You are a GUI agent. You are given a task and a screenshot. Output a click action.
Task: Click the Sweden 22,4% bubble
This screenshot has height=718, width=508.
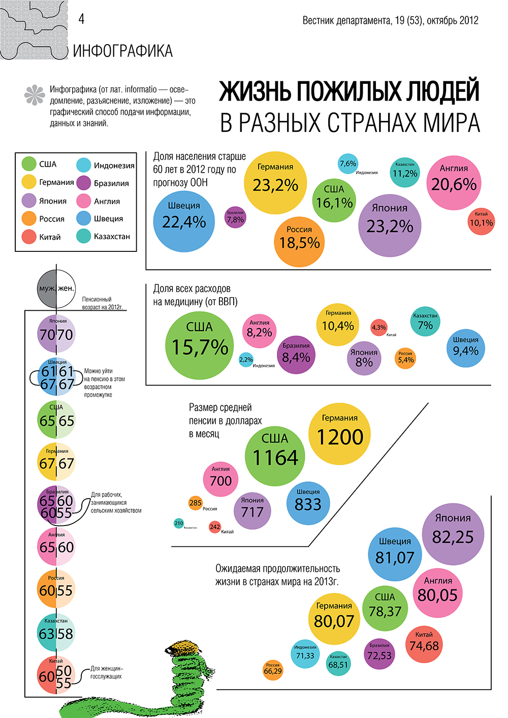point(184,222)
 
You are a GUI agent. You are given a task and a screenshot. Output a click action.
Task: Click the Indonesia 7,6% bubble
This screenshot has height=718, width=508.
point(348,164)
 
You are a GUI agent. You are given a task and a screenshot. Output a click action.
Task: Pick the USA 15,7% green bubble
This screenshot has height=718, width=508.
point(199,346)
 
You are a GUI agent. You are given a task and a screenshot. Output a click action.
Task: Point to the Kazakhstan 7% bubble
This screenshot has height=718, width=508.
point(425,321)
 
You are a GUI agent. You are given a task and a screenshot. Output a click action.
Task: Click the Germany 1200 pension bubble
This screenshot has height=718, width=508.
point(339,434)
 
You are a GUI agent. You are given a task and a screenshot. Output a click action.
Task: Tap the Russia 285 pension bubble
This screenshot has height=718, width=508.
point(195,503)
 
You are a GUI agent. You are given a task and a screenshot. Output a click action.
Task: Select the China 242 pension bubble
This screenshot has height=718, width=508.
point(215,527)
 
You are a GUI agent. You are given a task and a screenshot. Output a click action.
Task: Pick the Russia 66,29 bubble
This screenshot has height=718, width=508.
point(273,670)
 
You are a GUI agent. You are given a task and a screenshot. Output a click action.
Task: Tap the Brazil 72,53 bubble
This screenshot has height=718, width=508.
point(379,654)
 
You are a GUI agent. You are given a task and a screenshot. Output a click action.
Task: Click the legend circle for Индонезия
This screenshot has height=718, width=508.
point(84,165)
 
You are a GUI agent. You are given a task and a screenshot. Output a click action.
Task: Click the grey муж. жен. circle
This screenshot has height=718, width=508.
point(56,288)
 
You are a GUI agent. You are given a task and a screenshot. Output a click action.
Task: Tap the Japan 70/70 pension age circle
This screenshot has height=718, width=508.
point(56,334)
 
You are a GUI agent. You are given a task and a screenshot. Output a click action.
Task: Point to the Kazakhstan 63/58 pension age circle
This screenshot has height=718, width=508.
point(56,633)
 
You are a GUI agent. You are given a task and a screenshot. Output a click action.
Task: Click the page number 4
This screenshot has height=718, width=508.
point(81,19)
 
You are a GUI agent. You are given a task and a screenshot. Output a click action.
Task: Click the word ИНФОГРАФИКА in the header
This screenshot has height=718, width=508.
point(123,51)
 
